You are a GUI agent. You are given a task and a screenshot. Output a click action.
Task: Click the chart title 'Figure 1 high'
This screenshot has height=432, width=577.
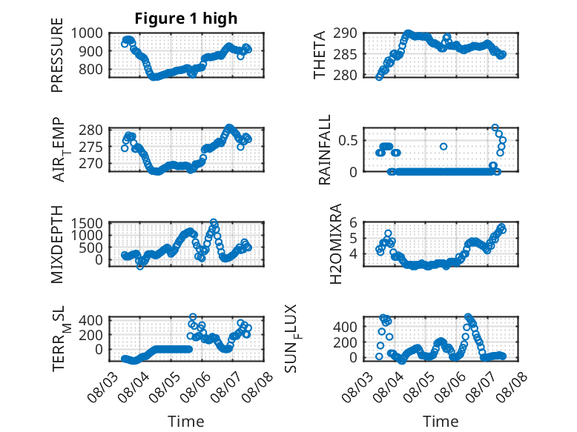(x=186, y=19)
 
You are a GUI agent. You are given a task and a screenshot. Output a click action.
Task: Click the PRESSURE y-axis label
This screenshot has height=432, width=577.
(x=57, y=55)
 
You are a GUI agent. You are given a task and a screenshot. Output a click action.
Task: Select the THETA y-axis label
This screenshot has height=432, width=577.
(x=320, y=55)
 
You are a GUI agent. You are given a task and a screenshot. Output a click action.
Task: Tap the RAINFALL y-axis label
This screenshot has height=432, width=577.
(x=325, y=150)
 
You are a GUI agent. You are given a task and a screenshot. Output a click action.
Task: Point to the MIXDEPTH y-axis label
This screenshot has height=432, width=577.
(x=57, y=245)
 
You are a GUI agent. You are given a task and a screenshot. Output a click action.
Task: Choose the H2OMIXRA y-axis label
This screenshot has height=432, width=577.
(x=336, y=244)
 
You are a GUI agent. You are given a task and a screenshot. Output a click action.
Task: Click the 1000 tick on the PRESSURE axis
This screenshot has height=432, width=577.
(x=87, y=33)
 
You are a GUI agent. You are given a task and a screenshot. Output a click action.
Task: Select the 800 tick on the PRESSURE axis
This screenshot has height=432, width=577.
(x=91, y=69)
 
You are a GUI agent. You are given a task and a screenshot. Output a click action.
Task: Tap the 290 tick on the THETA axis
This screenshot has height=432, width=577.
(x=346, y=33)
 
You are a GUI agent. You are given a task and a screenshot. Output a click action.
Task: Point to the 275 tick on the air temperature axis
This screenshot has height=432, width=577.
(x=91, y=147)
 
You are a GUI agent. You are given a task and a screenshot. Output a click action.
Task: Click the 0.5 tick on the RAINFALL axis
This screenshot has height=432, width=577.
(x=348, y=141)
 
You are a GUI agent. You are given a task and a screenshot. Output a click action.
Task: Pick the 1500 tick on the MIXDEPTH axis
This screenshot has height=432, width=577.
(x=87, y=223)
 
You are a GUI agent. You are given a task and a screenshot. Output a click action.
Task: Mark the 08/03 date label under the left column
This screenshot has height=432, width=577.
(x=103, y=387)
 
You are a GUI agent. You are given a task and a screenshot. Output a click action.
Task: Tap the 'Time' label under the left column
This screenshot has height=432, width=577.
(x=186, y=421)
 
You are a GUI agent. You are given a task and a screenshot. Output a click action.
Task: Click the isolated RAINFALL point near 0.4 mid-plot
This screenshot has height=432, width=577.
(x=444, y=146)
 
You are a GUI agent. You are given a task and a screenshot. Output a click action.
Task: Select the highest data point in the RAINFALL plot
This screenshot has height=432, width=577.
(x=495, y=127)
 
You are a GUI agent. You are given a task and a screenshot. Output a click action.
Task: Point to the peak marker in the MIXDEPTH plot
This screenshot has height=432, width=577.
(x=214, y=222)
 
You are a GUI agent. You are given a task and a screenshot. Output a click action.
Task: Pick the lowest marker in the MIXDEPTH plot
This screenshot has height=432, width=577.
(x=140, y=266)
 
